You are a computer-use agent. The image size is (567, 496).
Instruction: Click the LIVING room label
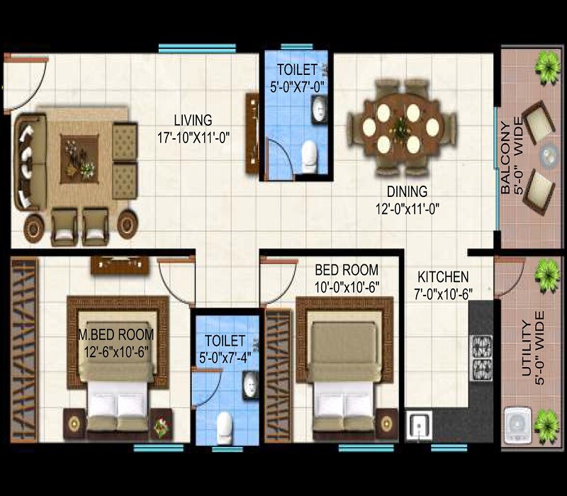tap(193, 120)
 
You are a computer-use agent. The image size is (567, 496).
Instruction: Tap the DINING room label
tap(407, 191)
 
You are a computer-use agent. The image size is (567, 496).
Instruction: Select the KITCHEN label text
tap(443, 276)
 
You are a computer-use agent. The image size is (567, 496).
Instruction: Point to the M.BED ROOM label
tap(116, 334)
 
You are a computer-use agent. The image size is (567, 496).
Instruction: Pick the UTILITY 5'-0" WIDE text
tap(532, 351)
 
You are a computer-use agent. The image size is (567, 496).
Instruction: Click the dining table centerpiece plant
tap(401, 128)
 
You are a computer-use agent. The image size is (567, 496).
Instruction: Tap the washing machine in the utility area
tap(517, 427)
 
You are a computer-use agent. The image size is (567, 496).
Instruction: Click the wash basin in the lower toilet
tap(250, 383)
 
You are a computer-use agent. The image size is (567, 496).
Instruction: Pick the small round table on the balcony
tap(549, 154)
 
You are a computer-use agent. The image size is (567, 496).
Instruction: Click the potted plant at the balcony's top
tap(546, 67)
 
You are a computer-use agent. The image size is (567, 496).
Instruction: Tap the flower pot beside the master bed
tap(161, 426)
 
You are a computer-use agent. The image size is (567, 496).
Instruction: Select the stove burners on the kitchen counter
tap(482, 356)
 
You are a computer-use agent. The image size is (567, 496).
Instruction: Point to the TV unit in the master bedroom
tap(120, 265)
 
